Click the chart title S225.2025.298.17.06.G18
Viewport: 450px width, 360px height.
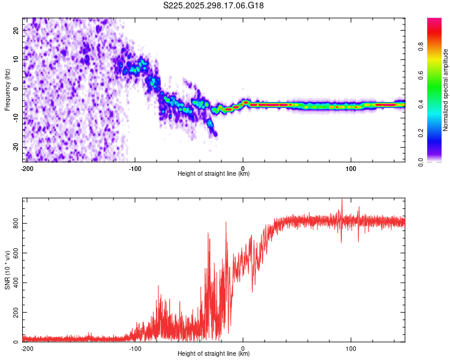214,5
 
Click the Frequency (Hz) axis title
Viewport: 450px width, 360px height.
7,90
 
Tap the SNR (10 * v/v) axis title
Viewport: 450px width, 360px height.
7,270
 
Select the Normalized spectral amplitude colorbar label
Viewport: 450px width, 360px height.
446,90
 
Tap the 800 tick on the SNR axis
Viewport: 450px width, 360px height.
14,223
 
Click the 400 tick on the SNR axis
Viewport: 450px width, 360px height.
14,283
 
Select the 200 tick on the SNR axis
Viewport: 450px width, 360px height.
14,313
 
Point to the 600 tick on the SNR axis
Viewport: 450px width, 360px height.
14,253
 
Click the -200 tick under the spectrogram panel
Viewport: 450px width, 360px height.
26,168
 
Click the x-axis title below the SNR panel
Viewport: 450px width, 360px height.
214,354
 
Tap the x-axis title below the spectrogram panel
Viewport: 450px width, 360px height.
214,174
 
